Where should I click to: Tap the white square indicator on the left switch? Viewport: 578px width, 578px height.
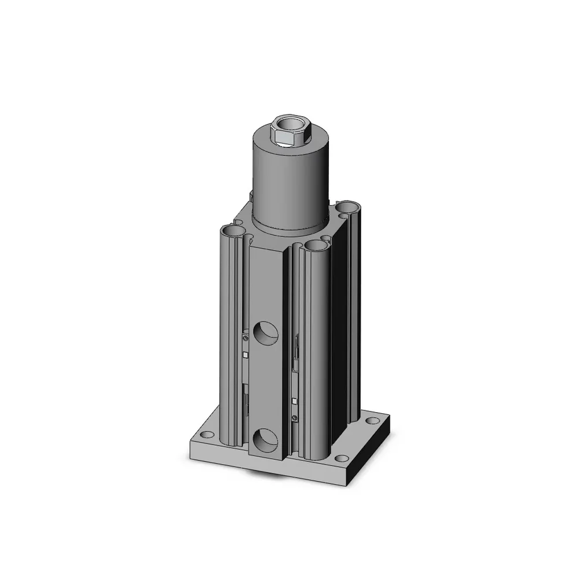[246, 355]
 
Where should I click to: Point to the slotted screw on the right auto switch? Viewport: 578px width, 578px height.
[295, 418]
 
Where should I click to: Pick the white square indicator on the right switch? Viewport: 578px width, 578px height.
[295, 400]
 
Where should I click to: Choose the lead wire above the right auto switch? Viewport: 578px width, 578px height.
[297, 355]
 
